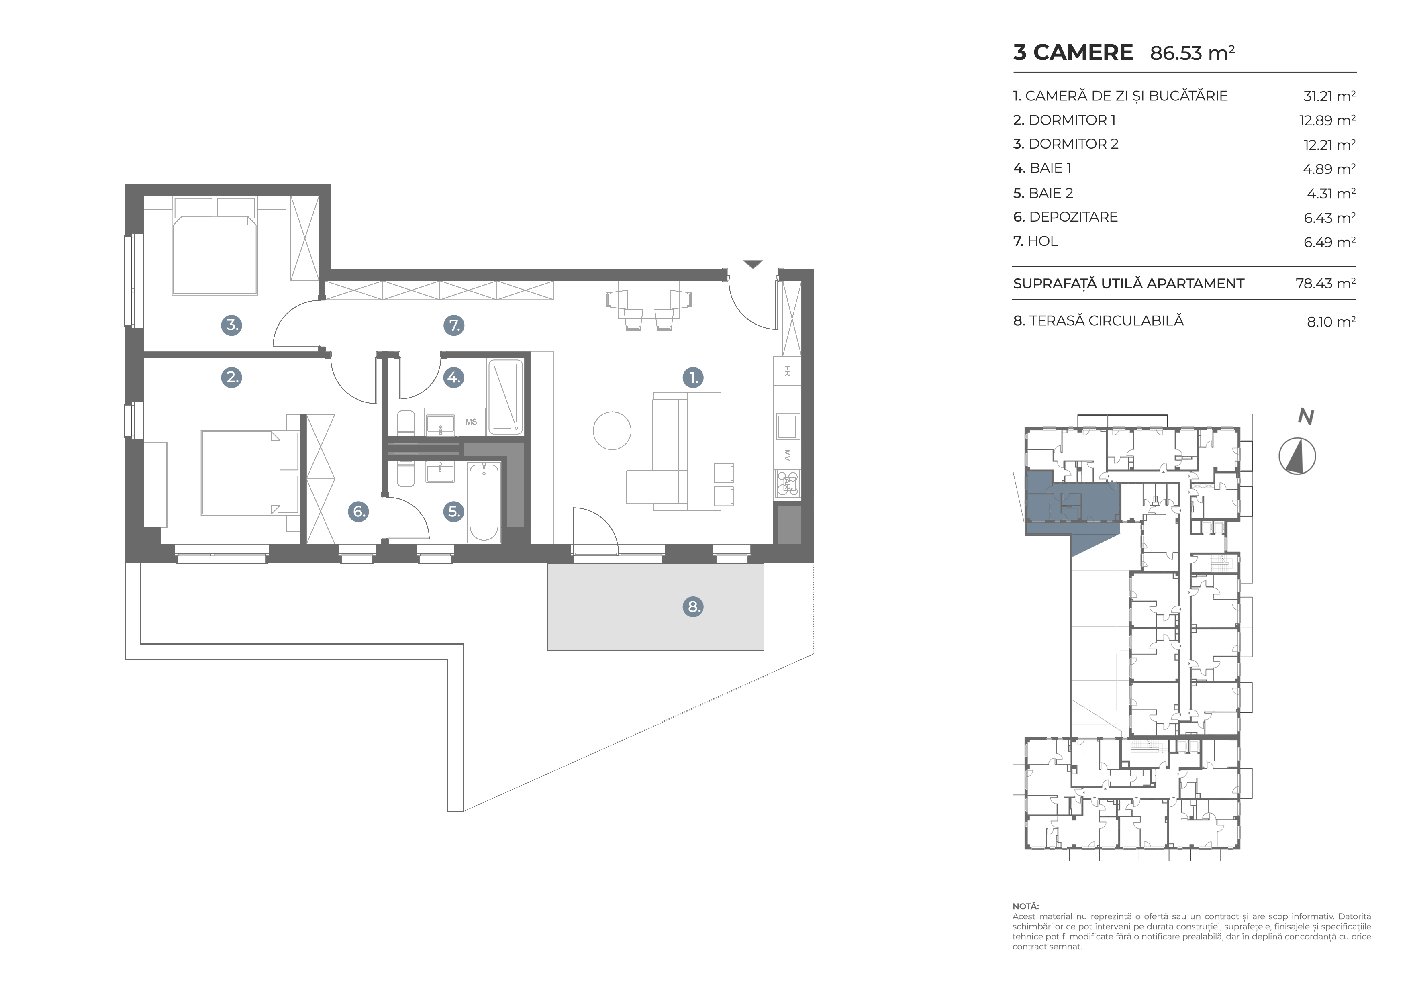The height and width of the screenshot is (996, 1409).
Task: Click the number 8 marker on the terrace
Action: coord(693,607)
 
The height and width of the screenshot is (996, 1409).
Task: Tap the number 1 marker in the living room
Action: coord(693,378)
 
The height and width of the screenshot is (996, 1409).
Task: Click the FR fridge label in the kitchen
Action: coord(787,371)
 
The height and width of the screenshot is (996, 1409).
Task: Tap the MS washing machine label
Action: coord(471,422)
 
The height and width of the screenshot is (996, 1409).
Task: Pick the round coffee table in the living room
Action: coord(612,431)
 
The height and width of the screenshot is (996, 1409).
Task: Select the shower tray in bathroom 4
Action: coord(506,398)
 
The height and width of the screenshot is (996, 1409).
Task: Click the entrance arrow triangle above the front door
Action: coord(753,264)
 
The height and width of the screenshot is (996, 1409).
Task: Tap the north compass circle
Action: coord(1297,456)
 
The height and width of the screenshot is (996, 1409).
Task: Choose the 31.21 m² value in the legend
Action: coord(1329,96)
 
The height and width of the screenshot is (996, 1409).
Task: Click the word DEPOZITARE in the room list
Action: coord(1073,217)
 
